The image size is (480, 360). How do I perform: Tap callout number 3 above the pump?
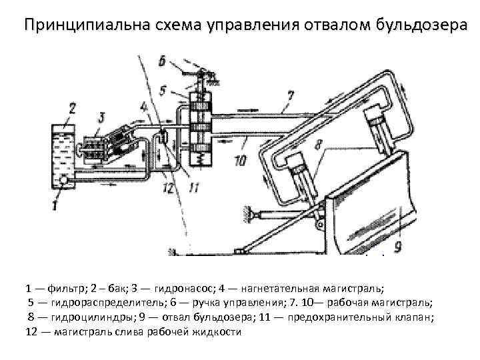(100, 117)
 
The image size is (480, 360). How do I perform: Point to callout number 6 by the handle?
(162, 61)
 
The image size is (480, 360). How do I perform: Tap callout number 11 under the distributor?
(193, 189)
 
